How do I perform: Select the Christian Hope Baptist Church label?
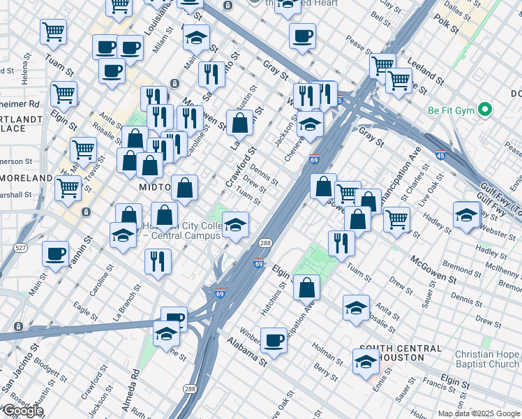coord(486,359)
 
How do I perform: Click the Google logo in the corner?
coord(22,411)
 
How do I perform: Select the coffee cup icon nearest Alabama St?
coord(274,340)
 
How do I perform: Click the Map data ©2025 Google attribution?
coord(478,413)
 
